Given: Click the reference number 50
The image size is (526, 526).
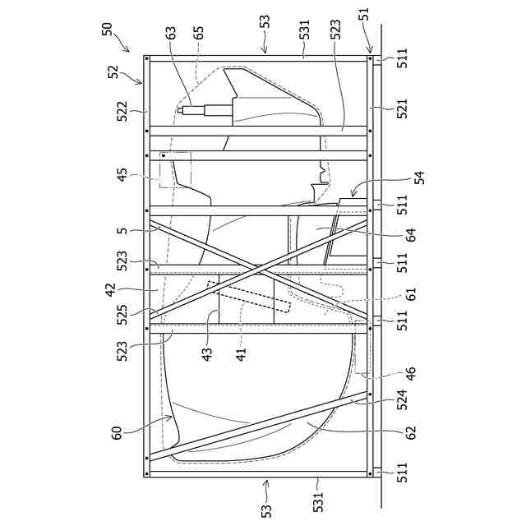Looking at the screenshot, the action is coord(108,28).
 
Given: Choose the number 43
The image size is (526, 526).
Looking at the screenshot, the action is coord(207,351).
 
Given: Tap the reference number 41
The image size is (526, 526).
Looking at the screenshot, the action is coord(241,351).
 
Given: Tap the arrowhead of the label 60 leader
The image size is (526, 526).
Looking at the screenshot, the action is coord(172,418).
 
